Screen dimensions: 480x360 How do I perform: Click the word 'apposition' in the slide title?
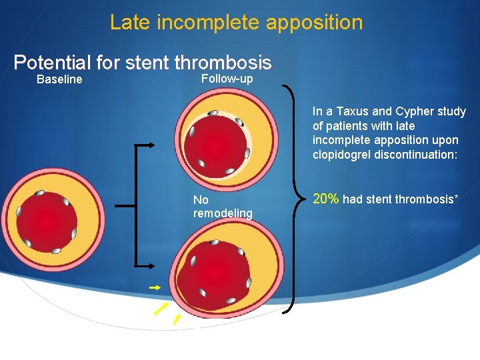(x=314, y=23)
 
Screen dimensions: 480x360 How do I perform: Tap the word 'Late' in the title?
(x=131, y=23)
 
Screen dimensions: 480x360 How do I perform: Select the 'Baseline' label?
(x=59, y=80)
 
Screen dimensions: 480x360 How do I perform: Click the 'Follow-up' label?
(x=227, y=79)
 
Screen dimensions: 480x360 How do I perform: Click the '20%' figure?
(x=326, y=199)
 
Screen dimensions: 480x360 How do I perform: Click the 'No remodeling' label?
(x=222, y=207)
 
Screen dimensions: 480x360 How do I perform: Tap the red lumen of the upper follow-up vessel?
(x=214, y=144)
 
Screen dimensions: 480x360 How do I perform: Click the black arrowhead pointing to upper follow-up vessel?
(x=151, y=145)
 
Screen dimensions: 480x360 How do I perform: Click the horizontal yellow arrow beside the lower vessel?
(x=155, y=287)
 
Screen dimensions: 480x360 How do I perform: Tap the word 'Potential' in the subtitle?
(x=52, y=63)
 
